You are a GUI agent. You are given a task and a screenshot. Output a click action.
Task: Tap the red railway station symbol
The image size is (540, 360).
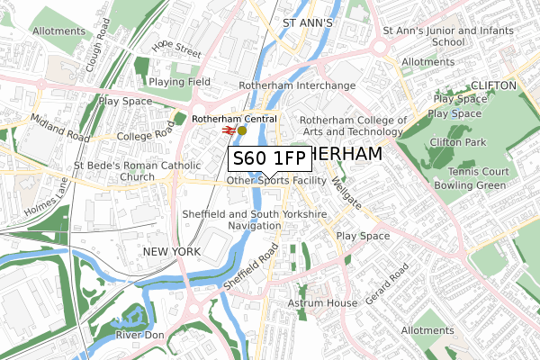pyautogui.click(x=229, y=130)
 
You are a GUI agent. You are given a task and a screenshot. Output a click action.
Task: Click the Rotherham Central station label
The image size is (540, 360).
pyautogui.click(x=235, y=118)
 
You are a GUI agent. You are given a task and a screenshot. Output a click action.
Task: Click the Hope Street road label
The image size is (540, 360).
pyautogui.click(x=176, y=48)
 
